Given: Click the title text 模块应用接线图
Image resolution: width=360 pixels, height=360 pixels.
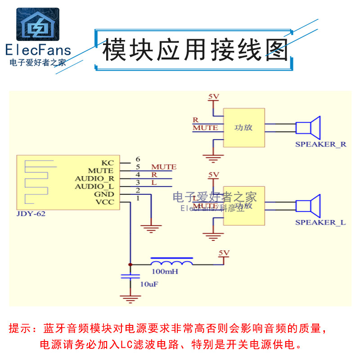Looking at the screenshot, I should pos(195,49).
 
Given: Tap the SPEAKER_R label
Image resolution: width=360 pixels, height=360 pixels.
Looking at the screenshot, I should pos(320,144).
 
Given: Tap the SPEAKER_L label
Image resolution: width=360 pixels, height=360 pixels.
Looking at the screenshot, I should pos(320,222).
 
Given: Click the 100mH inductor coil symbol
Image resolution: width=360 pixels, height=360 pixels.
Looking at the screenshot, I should pos(172,262).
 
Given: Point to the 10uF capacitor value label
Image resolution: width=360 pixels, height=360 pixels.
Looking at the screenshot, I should pos(149,284).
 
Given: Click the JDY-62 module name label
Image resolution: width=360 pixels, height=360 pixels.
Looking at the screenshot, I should pos(31,214).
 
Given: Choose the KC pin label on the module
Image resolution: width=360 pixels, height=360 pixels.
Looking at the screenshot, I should pos(108,162).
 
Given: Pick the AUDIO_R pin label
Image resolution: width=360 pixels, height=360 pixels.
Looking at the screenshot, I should pos(94,179).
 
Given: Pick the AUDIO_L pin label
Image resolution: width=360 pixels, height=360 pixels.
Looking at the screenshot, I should pos(94,186).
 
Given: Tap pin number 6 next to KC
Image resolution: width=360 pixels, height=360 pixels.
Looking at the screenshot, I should pos(138,159).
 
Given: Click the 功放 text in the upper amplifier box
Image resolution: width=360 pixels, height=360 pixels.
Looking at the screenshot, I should pos(243,127).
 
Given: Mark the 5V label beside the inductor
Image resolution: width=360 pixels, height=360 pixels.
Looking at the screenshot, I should pos(223,252).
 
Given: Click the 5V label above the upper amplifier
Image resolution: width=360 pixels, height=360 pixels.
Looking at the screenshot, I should pos(213,96).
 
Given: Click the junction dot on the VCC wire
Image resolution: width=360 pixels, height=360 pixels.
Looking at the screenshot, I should pos(130,264).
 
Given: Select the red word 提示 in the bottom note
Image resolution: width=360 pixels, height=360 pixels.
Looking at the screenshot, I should pos(20,328).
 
